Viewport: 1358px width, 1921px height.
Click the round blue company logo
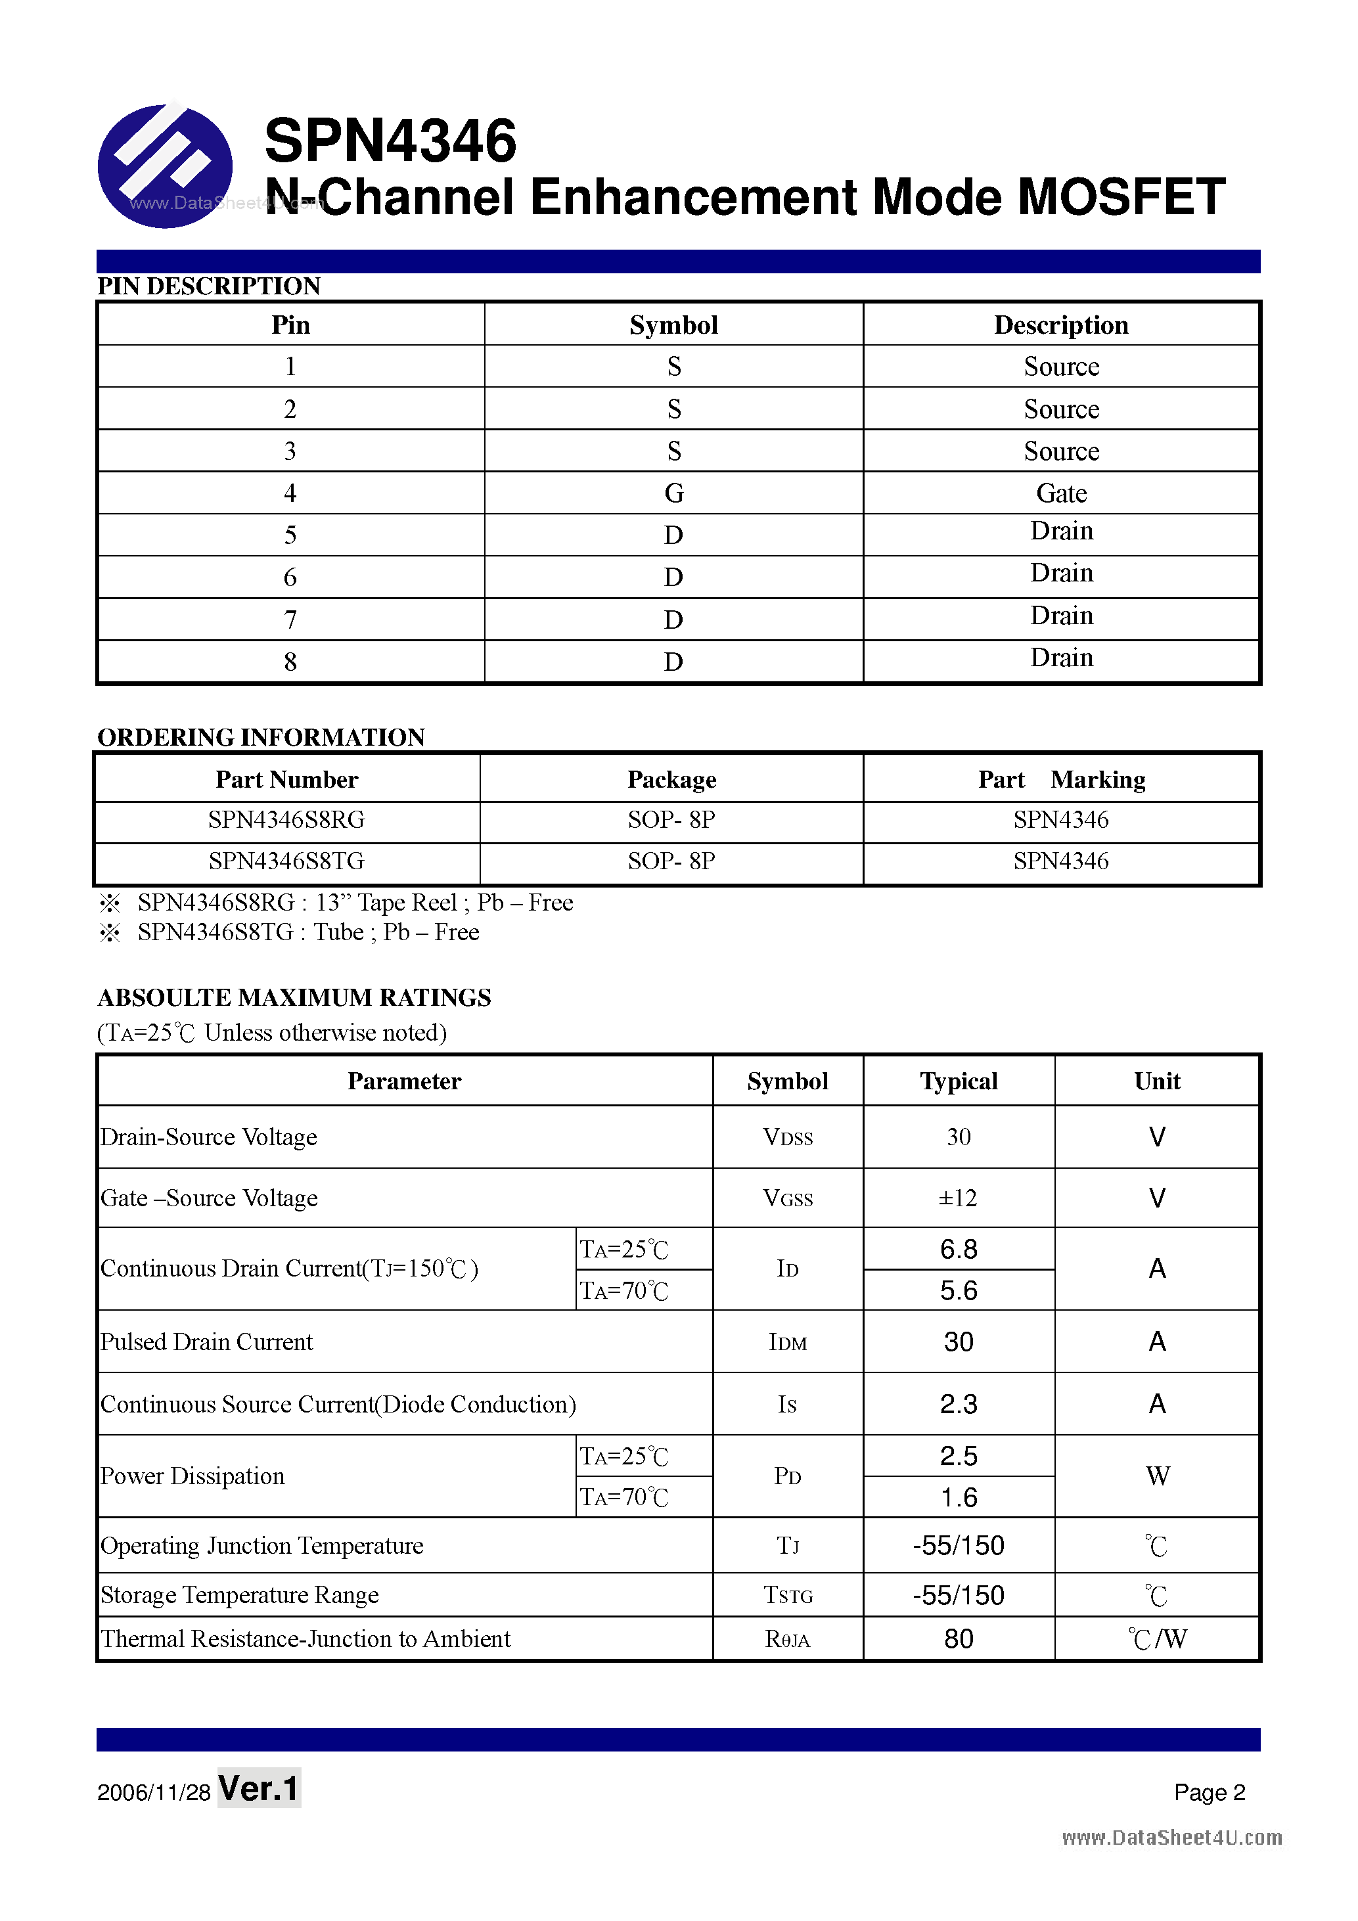click(x=165, y=166)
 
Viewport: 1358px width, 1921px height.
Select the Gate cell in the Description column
click(x=1061, y=493)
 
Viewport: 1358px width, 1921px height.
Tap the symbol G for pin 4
click(x=673, y=493)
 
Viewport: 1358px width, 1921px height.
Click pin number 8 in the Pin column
click(x=290, y=662)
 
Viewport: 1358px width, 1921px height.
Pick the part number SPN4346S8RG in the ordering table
click(x=286, y=820)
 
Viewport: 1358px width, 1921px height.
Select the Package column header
click(x=672, y=779)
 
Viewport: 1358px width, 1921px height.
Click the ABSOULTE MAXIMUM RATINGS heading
click(x=294, y=997)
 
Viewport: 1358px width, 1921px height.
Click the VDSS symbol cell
click(x=787, y=1137)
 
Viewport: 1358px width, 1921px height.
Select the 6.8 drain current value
click(x=958, y=1249)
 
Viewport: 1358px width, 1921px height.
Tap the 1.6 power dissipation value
click(x=958, y=1497)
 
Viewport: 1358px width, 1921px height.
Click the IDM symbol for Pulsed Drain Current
click(x=787, y=1342)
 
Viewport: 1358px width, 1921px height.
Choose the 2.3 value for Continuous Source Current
click(x=958, y=1404)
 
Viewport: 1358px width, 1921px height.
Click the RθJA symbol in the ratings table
click(x=787, y=1639)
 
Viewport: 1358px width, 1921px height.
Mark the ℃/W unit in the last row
click(x=1157, y=1639)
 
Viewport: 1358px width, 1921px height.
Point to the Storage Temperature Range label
click(x=239, y=1594)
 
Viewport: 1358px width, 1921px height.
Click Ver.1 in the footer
click(x=259, y=1789)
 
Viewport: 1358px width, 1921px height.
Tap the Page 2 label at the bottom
click(x=1209, y=1792)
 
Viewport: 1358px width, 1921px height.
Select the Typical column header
click(x=958, y=1081)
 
